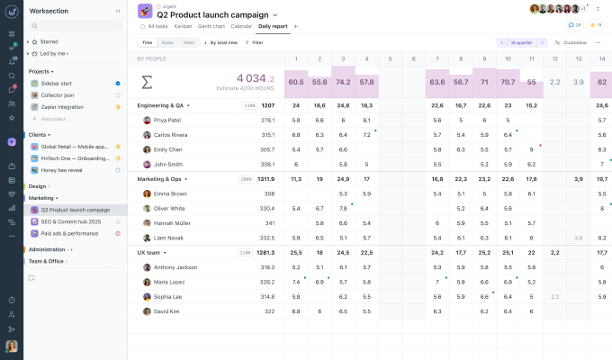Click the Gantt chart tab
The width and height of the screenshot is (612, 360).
tap(211, 26)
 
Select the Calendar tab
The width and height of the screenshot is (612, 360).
tap(241, 26)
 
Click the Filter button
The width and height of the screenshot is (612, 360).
tap(255, 42)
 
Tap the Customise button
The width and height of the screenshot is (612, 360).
tap(571, 42)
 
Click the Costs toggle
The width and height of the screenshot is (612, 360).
tap(167, 42)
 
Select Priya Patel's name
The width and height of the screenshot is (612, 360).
tap(167, 120)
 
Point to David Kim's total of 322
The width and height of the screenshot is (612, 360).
tap(269, 311)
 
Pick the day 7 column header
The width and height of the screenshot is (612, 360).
tap(436, 58)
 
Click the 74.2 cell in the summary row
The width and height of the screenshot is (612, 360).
tap(342, 82)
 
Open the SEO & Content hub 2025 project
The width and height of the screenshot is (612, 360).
tap(70, 221)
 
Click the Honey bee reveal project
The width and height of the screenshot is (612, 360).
tap(62, 169)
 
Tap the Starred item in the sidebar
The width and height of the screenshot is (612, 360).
tap(49, 41)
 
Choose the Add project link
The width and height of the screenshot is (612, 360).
tap(55, 119)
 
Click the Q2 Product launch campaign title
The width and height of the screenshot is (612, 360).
tap(212, 15)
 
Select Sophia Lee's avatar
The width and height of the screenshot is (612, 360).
tap(147, 296)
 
